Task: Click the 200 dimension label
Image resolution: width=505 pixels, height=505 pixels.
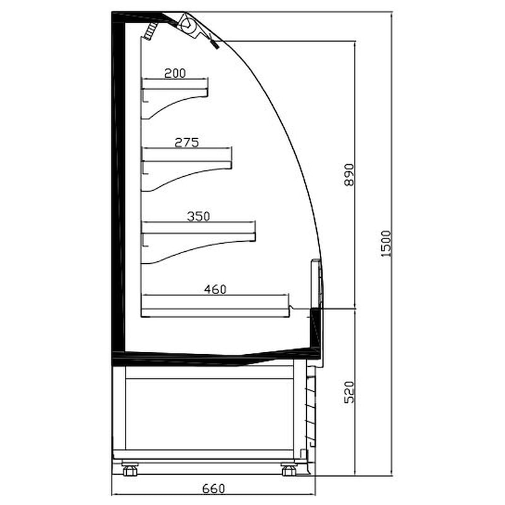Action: [175, 73]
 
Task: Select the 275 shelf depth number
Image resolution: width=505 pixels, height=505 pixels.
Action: [187, 143]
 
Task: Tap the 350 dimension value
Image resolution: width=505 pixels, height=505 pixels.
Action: [198, 216]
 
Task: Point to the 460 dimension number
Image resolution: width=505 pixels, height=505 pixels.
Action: [215, 289]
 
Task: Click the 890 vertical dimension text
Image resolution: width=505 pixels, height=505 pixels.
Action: [349, 175]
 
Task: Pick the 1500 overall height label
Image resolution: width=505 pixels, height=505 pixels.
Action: [386, 244]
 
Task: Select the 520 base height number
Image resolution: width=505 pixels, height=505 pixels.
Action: [349, 392]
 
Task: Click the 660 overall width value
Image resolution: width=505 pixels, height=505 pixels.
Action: [213, 489]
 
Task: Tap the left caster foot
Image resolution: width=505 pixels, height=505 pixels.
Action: [130, 469]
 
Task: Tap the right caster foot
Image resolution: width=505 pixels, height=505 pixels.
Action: [288, 469]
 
